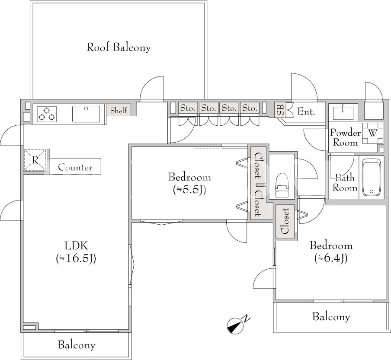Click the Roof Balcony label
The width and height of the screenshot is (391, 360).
119,48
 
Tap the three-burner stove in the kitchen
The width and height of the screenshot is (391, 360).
47,114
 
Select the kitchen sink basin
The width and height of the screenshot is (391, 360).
86,114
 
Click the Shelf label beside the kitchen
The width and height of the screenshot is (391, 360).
119,110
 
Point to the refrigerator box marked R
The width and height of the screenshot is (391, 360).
35,160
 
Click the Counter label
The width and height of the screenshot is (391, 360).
75,167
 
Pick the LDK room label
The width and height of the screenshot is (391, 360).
76,252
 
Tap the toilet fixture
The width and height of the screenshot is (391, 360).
282,185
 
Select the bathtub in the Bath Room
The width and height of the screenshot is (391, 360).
372,177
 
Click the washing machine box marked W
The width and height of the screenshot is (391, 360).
372,133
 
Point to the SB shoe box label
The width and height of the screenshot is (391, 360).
280,110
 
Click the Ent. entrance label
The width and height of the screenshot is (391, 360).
306,112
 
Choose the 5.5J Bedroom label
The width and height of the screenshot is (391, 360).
189,183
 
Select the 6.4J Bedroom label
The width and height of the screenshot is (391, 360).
331,252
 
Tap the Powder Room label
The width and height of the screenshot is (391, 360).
345,137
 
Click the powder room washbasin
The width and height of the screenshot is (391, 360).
343,112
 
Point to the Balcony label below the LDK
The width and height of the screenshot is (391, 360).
76,345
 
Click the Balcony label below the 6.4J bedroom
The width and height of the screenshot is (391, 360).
331,317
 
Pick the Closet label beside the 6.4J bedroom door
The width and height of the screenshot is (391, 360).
285,221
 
